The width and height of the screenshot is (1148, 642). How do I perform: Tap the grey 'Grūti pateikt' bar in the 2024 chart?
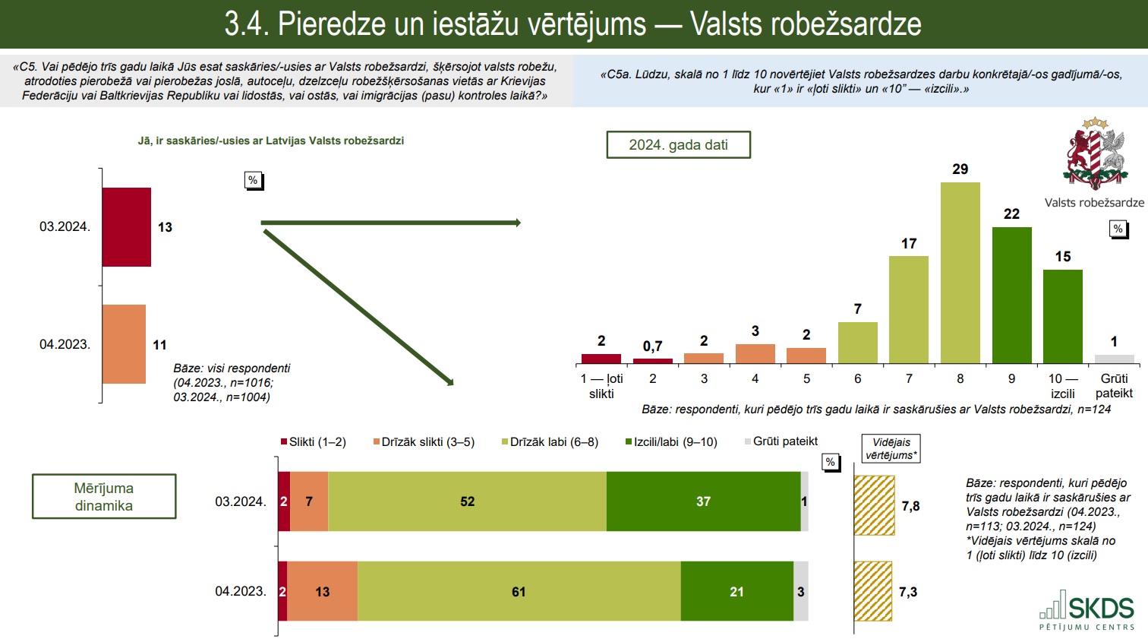(x=1114, y=359)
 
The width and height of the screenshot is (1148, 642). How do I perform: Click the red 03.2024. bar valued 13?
(x=127, y=227)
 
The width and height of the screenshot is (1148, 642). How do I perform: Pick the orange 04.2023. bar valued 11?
(x=124, y=344)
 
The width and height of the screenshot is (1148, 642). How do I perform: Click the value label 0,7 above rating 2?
(x=652, y=346)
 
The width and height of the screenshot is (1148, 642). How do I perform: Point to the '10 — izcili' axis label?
(x=1063, y=386)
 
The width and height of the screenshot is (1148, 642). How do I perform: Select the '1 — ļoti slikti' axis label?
(x=601, y=386)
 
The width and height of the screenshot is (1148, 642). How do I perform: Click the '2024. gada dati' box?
(x=678, y=145)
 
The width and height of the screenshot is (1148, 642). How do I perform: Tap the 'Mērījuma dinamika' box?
(x=104, y=497)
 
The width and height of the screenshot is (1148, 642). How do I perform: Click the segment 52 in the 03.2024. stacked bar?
(x=467, y=501)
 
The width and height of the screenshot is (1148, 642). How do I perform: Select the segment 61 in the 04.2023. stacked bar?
(x=519, y=592)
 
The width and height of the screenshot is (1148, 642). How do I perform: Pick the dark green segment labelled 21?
(x=736, y=592)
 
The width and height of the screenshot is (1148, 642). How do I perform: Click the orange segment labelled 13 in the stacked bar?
(x=322, y=592)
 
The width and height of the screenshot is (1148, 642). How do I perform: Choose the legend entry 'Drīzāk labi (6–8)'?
(x=550, y=442)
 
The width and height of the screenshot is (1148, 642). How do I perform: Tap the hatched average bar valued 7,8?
(x=874, y=505)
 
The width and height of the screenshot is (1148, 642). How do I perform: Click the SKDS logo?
(x=1087, y=610)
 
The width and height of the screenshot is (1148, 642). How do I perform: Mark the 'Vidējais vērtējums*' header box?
(x=891, y=448)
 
